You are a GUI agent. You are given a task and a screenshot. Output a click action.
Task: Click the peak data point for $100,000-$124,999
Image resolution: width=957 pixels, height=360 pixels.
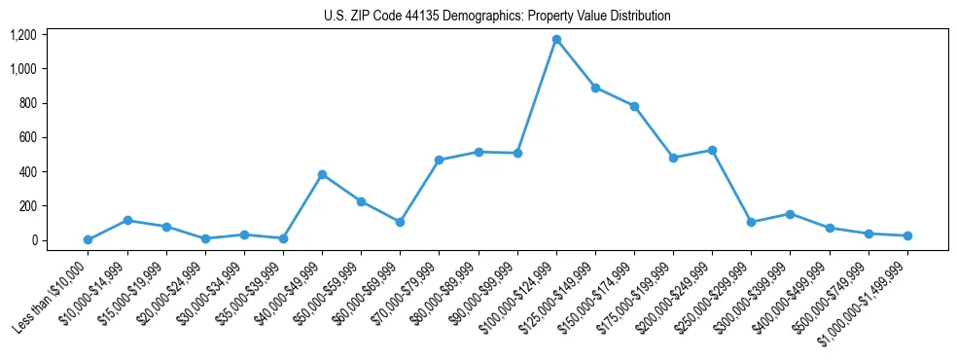pyautogui.click(x=556, y=39)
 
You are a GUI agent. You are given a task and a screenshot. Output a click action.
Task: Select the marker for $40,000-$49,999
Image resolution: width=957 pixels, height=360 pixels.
pyautogui.click(x=322, y=174)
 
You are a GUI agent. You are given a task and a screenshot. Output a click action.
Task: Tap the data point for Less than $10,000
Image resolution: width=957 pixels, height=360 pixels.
pyautogui.click(x=88, y=239)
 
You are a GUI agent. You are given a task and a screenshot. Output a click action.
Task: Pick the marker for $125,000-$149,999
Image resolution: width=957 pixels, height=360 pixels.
pyautogui.click(x=595, y=88)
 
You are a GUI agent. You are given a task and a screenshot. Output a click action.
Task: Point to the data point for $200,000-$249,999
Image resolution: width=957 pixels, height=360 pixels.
pyautogui.click(x=712, y=150)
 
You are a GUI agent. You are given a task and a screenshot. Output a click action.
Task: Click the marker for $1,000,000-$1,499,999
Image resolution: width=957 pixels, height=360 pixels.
pyautogui.click(x=907, y=235)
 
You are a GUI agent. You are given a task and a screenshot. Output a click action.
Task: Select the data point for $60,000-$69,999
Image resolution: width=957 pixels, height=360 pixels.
pyautogui.click(x=400, y=222)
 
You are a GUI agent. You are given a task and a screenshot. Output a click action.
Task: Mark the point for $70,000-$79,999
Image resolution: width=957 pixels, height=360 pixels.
pyautogui.click(x=439, y=160)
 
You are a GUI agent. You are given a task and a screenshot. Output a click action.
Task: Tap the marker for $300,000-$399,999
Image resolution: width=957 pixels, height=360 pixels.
pyautogui.click(x=790, y=214)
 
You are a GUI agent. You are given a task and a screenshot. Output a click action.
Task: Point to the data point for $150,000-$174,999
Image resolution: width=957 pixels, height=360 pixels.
pyautogui.click(x=634, y=106)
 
